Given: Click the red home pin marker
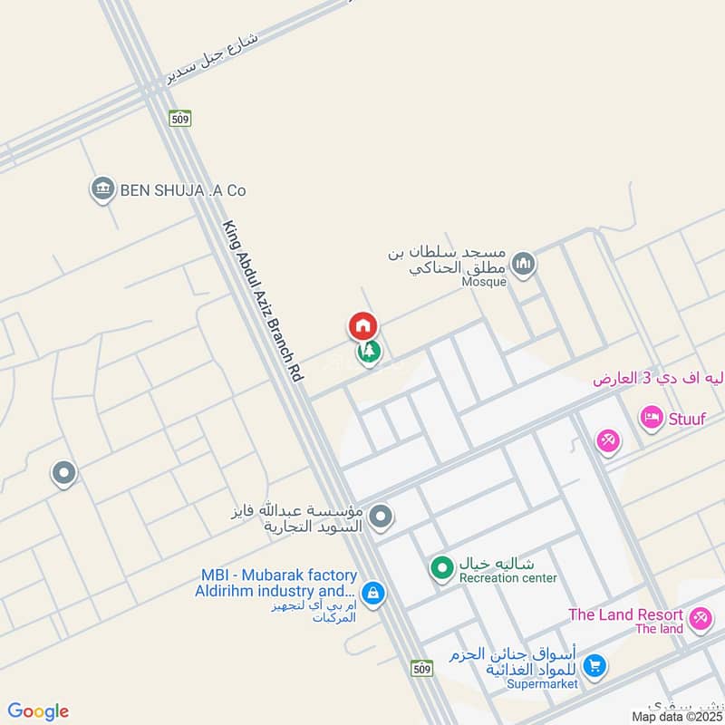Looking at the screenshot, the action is click(362, 325).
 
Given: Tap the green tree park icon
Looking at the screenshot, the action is click(369, 352).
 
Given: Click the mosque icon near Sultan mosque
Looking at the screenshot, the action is click(523, 265).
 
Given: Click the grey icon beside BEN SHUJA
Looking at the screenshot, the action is click(102, 189).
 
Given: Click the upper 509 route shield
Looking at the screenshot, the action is click(180, 118).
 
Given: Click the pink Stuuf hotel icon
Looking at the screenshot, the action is click(651, 418).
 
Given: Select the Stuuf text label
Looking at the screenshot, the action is click(689, 418).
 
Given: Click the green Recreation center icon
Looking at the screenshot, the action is click(441, 568).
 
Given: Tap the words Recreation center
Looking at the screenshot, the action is click(507, 578).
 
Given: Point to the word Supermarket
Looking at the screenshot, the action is click(542, 684).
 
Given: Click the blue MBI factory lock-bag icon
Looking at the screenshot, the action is click(373, 594).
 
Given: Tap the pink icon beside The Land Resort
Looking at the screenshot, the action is click(699, 619).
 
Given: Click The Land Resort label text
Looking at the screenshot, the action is click(625, 614).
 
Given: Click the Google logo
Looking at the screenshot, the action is click(38, 711).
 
